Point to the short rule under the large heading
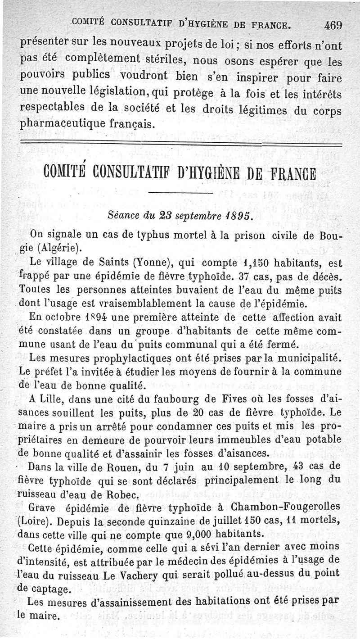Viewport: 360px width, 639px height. tap(180, 193)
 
